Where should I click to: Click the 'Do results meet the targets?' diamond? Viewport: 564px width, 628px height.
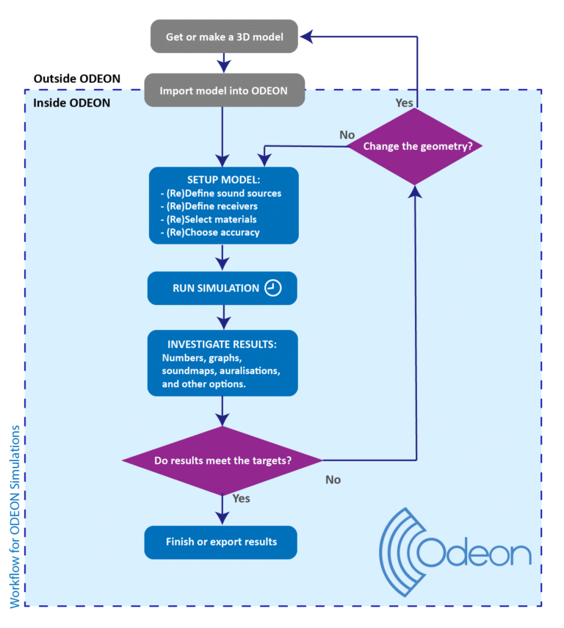(x=221, y=461)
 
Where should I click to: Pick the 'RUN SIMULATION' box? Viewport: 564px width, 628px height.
(x=221, y=289)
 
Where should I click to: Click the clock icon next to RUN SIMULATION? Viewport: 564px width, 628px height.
(x=272, y=289)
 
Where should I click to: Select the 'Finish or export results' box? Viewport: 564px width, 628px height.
(x=221, y=541)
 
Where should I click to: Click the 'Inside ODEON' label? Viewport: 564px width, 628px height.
(x=72, y=103)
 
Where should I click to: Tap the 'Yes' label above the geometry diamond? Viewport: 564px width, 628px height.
(x=404, y=103)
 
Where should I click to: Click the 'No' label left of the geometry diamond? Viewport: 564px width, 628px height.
(x=347, y=135)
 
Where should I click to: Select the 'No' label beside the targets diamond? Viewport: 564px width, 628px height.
(x=333, y=480)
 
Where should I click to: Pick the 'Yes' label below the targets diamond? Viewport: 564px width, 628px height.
(x=241, y=499)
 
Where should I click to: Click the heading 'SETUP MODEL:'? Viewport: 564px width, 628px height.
(x=223, y=180)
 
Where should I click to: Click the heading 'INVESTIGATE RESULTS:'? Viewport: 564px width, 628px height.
(x=222, y=344)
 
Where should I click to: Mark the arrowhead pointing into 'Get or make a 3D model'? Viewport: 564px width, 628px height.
(x=309, y=35)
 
